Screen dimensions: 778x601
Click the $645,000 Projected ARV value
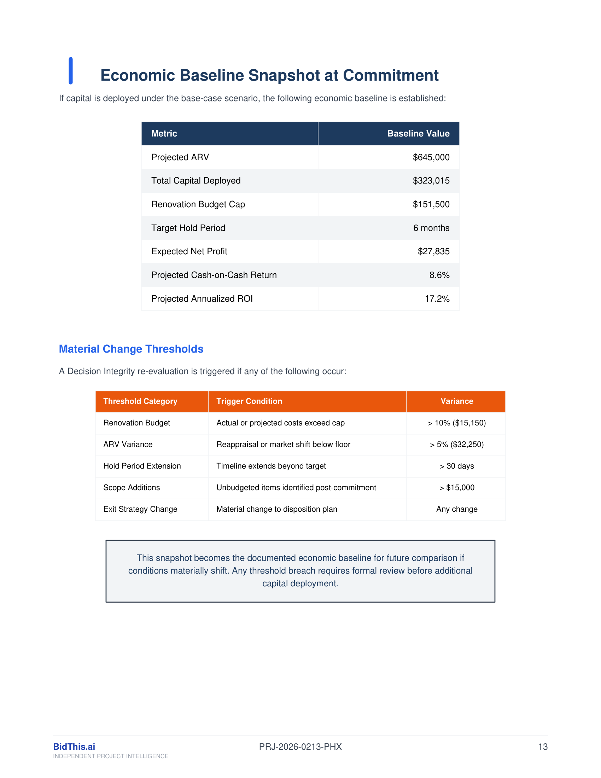coord(431,157)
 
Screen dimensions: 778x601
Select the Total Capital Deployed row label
coord(196,181)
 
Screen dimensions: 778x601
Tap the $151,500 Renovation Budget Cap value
coord(431,204)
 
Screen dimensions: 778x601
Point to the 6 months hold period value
coord(431,228)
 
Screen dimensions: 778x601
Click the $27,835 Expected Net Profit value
coord(433,251)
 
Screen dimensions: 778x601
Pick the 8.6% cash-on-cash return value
coord(439,275)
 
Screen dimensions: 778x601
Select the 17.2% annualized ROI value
coord(437,298)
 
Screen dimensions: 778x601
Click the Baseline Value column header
coord(418,134)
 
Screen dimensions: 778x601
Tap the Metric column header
coord(164,134)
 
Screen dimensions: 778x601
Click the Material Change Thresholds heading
coord(131,349)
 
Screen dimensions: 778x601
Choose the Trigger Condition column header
coord(249,401)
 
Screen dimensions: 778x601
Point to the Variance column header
coord(457,401)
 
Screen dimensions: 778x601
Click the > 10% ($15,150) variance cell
coord(457,423)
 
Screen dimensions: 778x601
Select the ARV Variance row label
coord(128,445)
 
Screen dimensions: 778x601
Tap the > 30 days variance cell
coord(457,466)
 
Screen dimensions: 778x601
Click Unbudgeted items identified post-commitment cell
coord(296,488)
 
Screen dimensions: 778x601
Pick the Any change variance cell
coord(457,509)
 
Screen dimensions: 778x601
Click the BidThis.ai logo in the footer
coord(74,747)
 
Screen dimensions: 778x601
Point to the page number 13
coord(543,747)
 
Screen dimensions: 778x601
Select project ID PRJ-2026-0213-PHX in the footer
coord(300,747)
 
